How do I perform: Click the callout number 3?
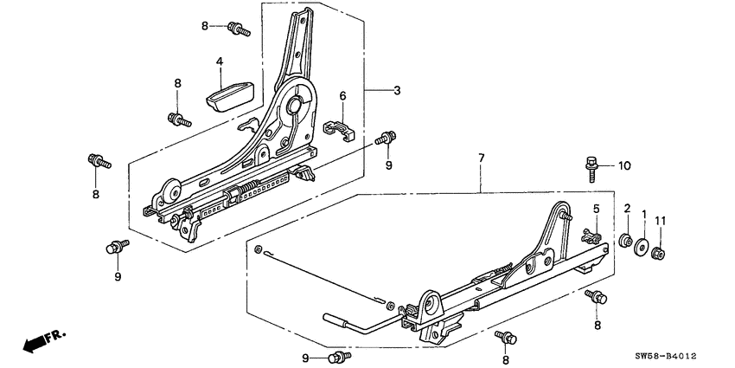click(x=397, y=91)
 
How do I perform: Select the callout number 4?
click(x=220, y=61)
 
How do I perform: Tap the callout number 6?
click(x=342, y=96)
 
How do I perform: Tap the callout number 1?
click(x=642, y=213)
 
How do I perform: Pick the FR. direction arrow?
click(x=38, y=340)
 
